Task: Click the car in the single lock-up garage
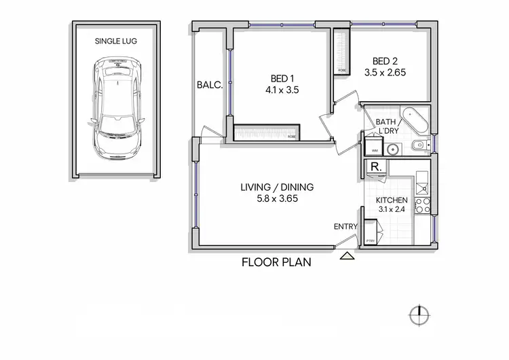click(x=117, y=107)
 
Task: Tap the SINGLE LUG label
click(x=117, y=41)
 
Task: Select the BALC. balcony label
click(x=208, y=86)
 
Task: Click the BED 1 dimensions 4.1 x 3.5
click(x=282, y=89)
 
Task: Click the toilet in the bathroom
click(x=418, y=145)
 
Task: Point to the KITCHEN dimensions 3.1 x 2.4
click(x=392, y=211)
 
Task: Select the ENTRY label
click(x=344, y=226)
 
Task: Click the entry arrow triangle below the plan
click(x=347, y=255)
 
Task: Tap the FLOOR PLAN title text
click(x=277, y=262)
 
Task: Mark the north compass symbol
click(x=419, y=314)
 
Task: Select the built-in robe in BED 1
click(x=267, y=132)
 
